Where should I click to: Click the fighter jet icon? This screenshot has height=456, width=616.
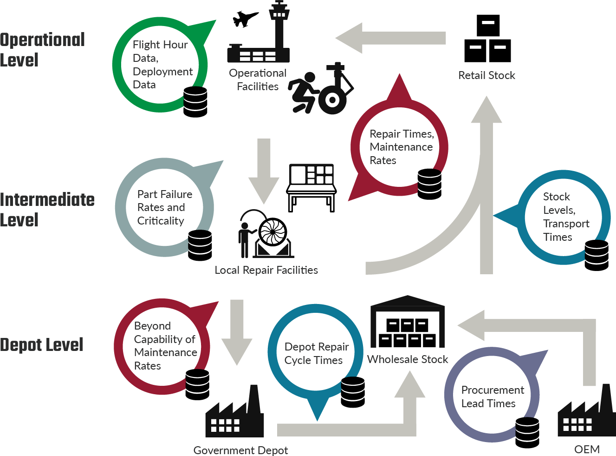[245, 19]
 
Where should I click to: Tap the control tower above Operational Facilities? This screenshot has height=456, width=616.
[279, 28]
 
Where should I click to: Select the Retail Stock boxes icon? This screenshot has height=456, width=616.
[487, 39]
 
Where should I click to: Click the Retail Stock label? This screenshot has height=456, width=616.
[486, 75]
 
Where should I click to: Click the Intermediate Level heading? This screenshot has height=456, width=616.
[47, 210]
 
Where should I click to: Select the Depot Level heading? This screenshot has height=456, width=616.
[42, 345]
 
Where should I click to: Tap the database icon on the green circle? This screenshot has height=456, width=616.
[195, 101]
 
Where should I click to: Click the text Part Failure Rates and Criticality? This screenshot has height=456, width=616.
[164, 207]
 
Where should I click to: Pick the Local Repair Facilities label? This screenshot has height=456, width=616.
[266, 270]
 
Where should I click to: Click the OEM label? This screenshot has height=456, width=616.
[587, 449]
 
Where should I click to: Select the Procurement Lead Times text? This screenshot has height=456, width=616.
[492, 397]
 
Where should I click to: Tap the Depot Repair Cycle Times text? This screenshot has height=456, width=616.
[316, 353]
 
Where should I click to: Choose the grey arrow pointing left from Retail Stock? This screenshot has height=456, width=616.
[390, 38]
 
